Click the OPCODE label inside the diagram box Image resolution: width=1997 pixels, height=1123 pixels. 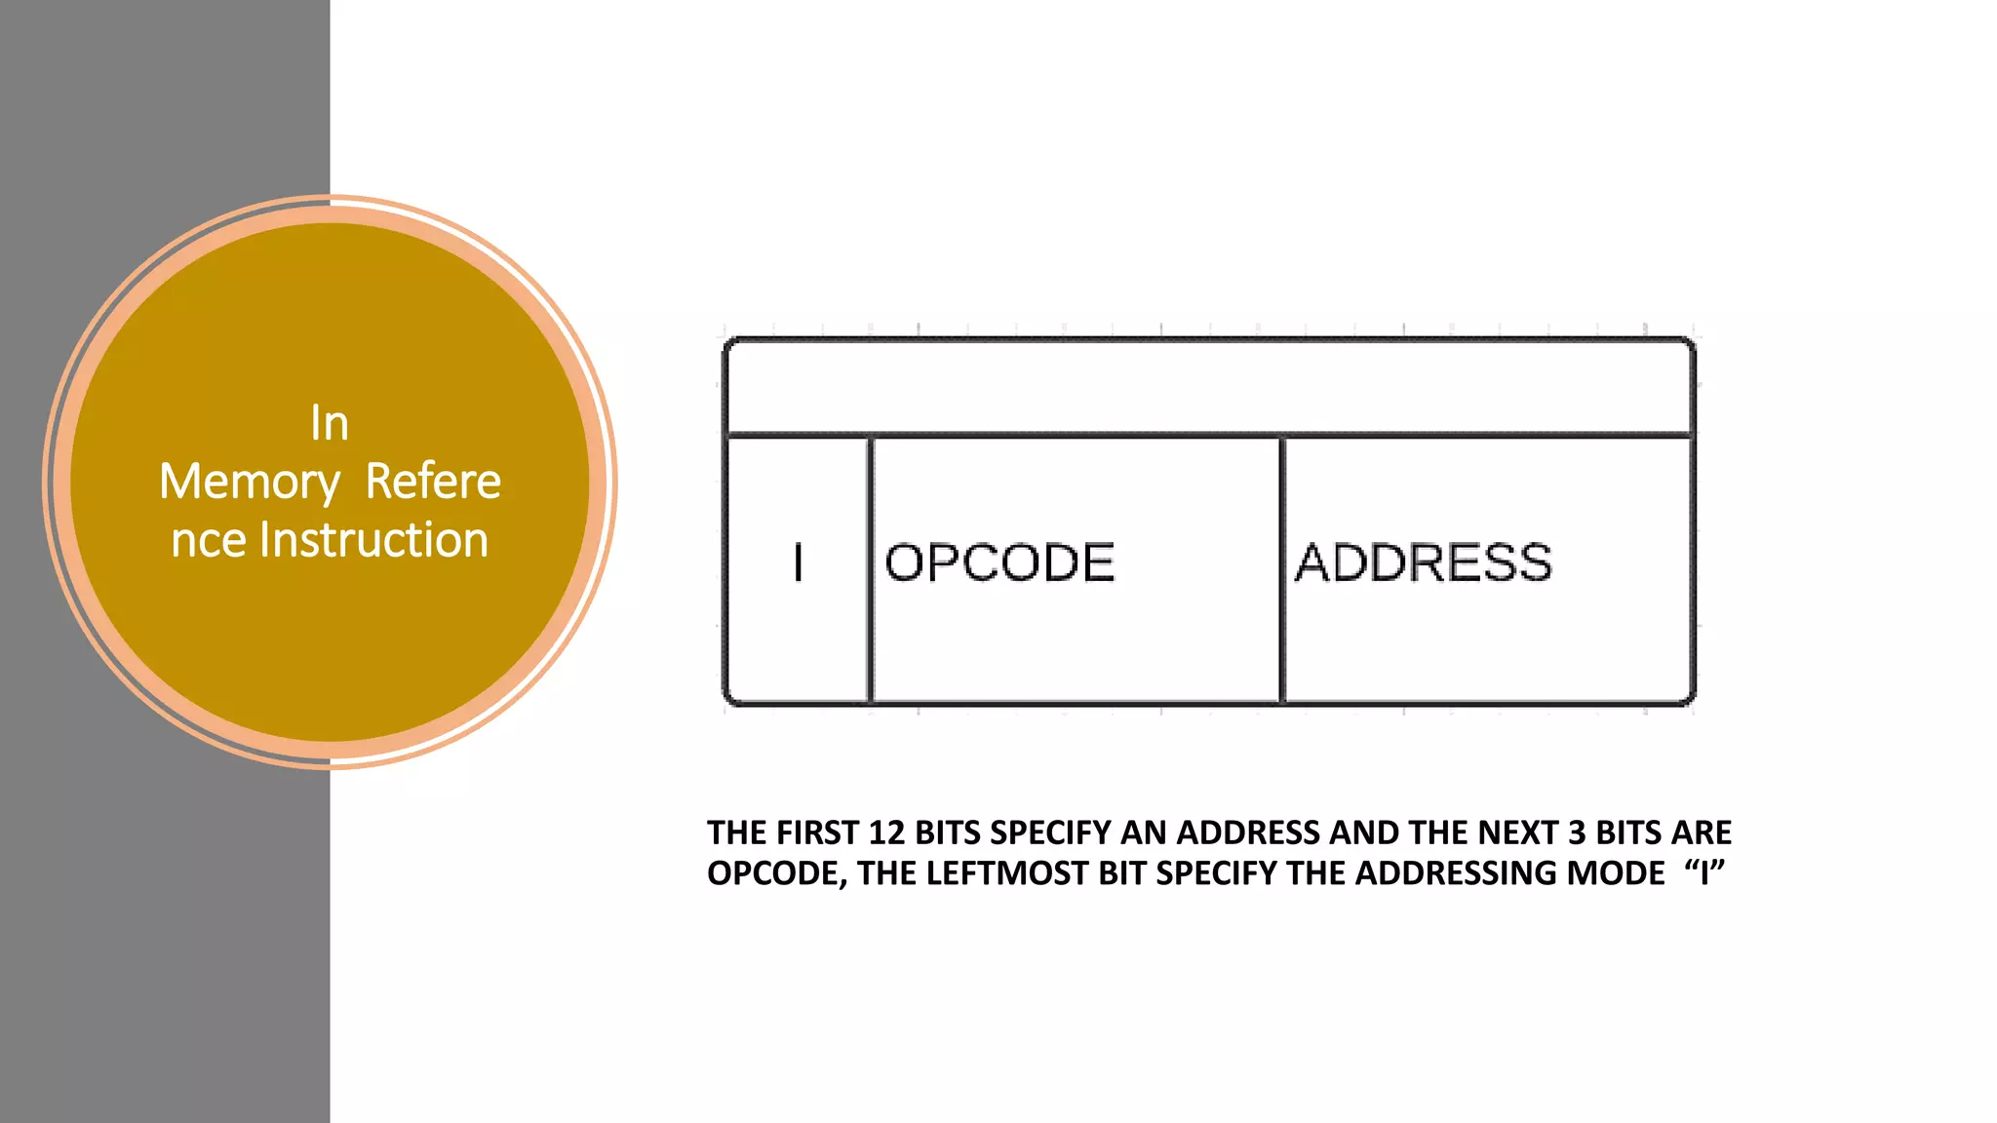999,562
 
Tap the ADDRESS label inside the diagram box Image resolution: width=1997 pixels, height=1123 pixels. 1423,562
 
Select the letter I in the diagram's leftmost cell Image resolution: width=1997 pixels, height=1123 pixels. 799,562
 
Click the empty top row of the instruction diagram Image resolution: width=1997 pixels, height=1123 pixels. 1209,387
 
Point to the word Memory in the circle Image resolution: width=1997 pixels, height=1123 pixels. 250,482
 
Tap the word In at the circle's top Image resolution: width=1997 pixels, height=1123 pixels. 330,424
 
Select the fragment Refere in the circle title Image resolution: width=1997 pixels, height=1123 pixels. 433,482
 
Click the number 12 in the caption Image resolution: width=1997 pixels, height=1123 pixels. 886,833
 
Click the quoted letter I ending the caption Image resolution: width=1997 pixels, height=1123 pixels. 1704,873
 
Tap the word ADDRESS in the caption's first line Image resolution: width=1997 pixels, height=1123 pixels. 1247,833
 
